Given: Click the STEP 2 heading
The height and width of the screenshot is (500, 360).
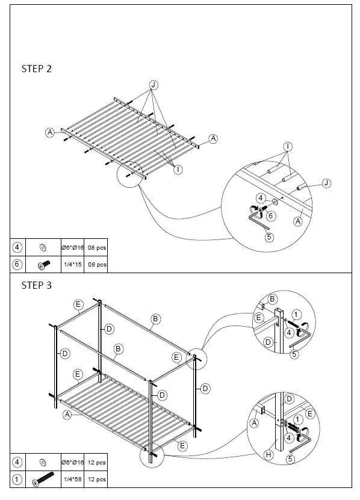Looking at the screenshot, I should tap(37, 69).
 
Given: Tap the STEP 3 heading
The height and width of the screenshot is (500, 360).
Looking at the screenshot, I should tap(37, 285).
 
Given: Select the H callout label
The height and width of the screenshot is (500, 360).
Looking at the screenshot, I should tap(269, 455).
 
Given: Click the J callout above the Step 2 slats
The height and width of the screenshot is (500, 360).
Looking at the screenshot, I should tap(154, 85).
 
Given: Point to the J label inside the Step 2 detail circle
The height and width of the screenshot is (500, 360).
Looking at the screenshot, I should tap(326, 183).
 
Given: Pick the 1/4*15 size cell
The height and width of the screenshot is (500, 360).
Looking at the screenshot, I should tap(72, 264).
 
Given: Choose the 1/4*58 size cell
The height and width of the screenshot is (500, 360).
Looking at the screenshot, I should tap(72, 480).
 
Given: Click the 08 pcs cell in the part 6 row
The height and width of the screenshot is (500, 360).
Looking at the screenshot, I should tap(97, 264).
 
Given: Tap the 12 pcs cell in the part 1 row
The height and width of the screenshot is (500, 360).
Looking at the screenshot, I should tap(97, 480).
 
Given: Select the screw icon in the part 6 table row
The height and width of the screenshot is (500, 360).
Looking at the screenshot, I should tap(43, 264).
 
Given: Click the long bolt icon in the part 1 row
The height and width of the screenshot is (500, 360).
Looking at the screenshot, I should tap(43, 480).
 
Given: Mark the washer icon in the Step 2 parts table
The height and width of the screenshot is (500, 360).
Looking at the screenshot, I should tap(43, 247).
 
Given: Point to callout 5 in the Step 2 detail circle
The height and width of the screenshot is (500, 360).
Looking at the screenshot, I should tap(269, 237).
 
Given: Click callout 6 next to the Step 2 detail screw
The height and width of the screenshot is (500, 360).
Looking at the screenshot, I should tap(271, 215).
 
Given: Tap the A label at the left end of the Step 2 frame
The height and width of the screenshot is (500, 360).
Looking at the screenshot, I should tap(50, 132).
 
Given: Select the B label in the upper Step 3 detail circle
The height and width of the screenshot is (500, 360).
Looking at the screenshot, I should tap(272, 299).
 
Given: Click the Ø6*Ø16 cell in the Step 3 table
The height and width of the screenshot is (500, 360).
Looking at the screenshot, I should tap(72, 462).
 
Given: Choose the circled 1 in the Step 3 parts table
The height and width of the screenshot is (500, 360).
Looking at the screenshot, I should tap(17, 480).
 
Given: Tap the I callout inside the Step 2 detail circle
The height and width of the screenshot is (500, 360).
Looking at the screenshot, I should tap(288, 147).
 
